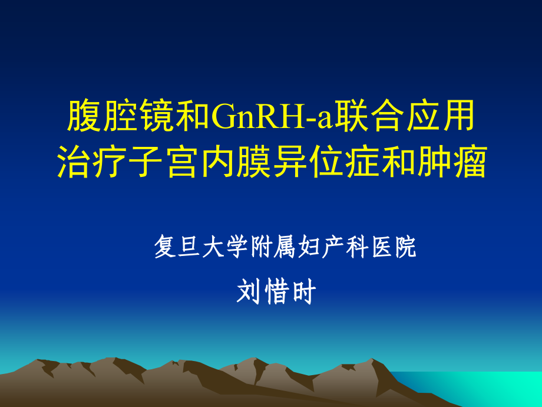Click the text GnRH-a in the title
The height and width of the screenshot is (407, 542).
click(x=272, y=116)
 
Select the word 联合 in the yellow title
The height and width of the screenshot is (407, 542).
click(x=369, y=116)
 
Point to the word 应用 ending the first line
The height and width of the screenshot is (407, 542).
click(x=441, y=116)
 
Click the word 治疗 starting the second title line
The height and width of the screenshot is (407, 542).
click(x=92, y=162)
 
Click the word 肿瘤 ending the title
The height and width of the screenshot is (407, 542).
click(x=452, y=162)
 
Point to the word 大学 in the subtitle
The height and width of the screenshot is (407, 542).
click(x=226, y=247)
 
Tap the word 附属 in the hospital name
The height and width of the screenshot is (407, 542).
click(x=273, y=247)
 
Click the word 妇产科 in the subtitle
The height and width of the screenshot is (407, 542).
click(x=334, y=247)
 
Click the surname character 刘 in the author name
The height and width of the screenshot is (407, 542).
click(x=248, y=292)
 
